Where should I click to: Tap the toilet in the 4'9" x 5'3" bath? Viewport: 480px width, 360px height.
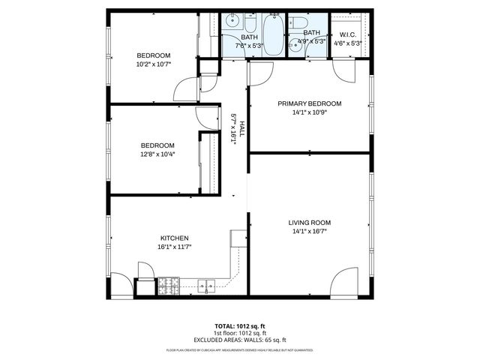(x=298, y=23)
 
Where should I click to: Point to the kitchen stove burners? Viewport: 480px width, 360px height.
(x=169, y=285)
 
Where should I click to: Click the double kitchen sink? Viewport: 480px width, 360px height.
(x=206, y=285)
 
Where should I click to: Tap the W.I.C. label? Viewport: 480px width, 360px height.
(x=347, y=34)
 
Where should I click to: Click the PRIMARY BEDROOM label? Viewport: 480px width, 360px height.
(x=309, y=103)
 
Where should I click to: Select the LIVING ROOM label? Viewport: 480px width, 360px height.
(x=309, y=223)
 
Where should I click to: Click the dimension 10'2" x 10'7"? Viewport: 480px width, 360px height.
(x=152, y=64)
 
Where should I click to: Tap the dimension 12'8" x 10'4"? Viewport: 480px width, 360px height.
(x=157, y=154)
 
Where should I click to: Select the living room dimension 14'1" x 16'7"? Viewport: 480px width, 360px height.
(x=309, y=232)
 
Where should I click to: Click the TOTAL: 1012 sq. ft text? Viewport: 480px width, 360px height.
(x=240, y=326)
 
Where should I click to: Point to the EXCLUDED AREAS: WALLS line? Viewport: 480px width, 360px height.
(x=240, y=339)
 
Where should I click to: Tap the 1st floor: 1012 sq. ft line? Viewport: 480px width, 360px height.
(x=240, y=333)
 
